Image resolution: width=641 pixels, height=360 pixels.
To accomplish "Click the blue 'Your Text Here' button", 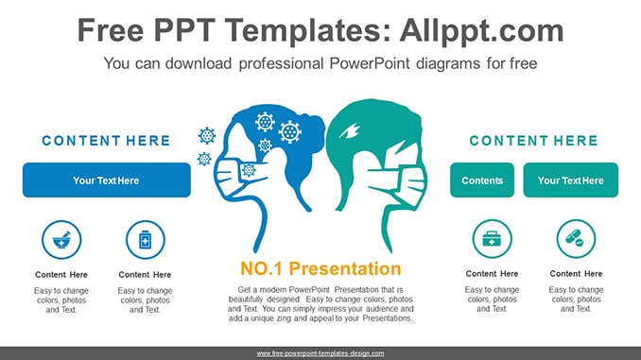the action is pos(106,180).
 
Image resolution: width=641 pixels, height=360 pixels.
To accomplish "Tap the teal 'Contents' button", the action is pos(482,180).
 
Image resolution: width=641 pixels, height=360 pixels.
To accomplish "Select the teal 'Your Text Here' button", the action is pos(571,180).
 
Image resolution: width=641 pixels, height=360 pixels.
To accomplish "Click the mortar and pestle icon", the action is pos(61,240).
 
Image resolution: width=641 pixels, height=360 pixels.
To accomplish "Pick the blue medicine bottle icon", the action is pos(146,240).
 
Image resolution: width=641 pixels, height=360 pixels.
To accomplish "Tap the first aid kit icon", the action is pos(492,239).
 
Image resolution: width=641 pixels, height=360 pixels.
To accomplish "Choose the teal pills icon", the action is pos(576,239).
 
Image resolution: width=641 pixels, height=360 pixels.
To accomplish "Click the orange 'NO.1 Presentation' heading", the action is pos(320,268).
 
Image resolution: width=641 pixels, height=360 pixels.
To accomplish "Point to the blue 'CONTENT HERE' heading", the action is pos(106,141).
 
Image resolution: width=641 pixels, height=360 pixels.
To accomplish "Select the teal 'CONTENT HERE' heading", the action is pos(533,141).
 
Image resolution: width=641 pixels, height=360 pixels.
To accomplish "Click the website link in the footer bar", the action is pos(320,353).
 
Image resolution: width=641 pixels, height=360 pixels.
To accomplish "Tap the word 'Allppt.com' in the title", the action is pos(481,31).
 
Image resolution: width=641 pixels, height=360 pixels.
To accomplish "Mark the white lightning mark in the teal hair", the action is pos(349,131).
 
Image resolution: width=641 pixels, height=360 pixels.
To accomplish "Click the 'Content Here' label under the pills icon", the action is pos(576,274).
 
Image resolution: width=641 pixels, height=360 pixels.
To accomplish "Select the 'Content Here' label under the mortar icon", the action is pos(61,275).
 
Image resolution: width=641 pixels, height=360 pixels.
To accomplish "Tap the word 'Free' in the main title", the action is pos(111,31).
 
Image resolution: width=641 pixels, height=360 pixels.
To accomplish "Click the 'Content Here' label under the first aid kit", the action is pos(492,274).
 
